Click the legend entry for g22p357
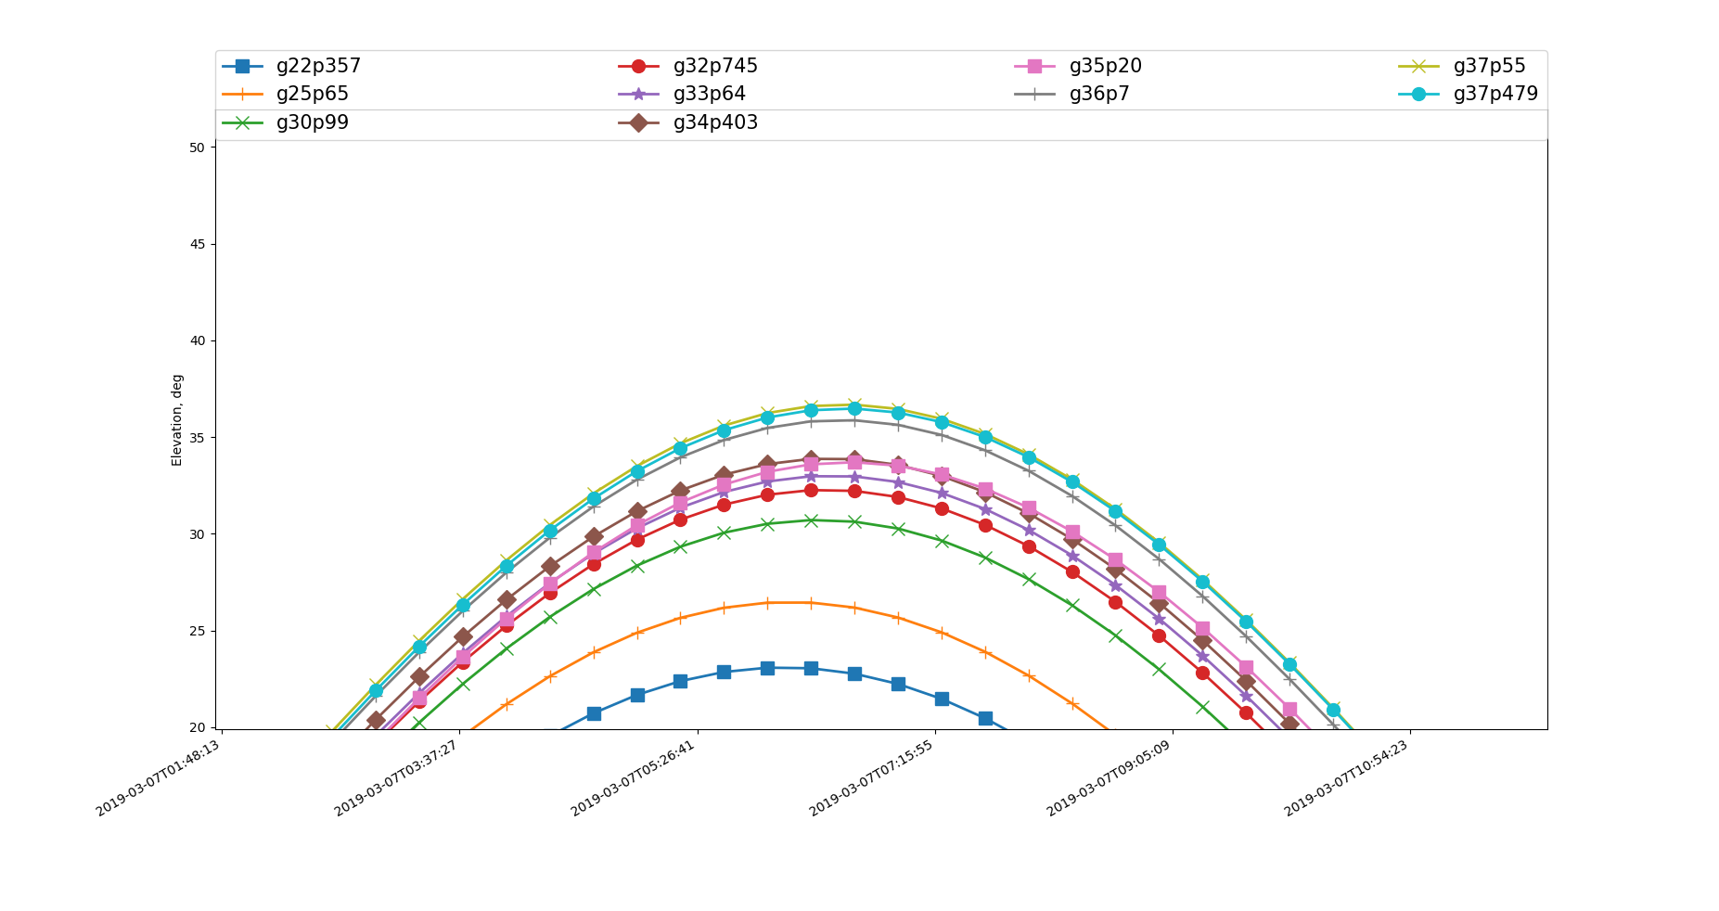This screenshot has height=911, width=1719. pos(317,66)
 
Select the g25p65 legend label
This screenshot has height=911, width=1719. pos(312,94)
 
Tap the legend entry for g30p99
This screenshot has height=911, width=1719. pos(312,122)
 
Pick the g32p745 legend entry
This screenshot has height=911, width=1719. pos(714,66)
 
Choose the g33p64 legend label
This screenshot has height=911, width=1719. pos(709,94)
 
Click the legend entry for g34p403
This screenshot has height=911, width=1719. pos(714,122)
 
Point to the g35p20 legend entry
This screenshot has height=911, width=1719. pos(1105,66)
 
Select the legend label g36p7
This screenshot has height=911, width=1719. pos(1099,94)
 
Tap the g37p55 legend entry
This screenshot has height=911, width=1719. pos(1489,66)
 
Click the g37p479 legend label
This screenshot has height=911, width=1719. pos(1495,94)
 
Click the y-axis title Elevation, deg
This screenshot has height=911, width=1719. pos(177,419)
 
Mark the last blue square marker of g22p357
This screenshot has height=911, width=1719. pos(985,718)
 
